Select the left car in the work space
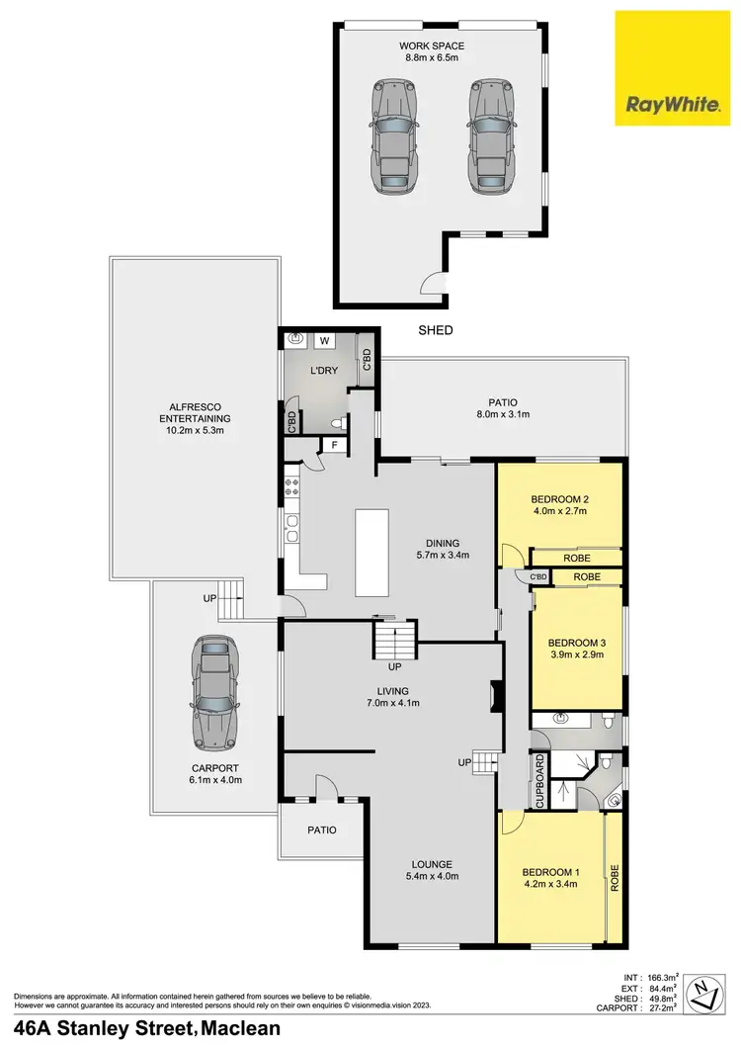(x=392, y=135)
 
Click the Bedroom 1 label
(x=548, y=871)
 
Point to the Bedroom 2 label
(x=559, y=499)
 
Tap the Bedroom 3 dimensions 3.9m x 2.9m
(x=576, y=655)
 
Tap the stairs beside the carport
(x=229, y=598)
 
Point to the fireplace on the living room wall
(x=493, y=696)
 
